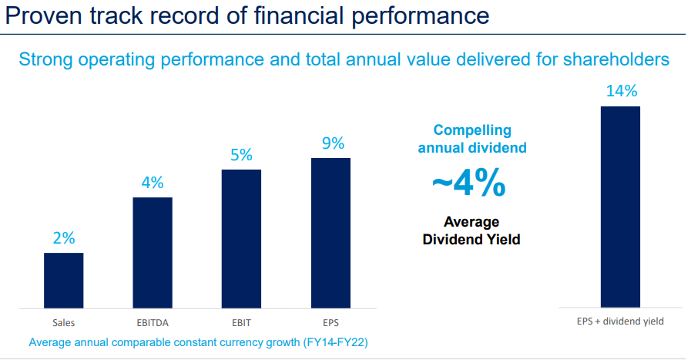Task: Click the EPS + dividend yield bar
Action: point(620,207)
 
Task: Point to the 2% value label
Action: point(64,238)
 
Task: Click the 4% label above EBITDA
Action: point(153,183)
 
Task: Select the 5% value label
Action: point(241,155)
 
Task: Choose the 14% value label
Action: point(622,91)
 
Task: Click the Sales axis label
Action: point(63,322)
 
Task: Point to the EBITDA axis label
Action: point(153,322)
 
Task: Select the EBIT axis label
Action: point(241,322)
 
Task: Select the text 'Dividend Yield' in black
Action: point(471,240)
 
